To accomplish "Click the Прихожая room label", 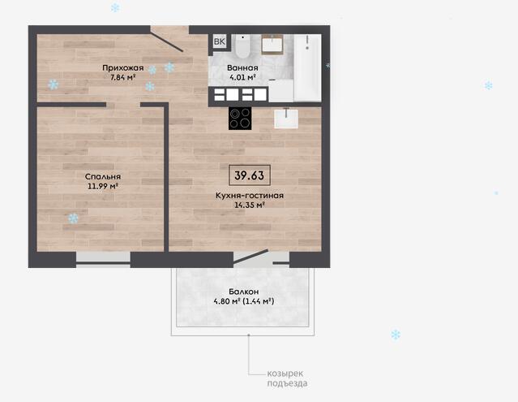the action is tap(123, 68).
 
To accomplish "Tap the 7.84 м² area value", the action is tap(123, 77).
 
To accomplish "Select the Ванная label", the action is tap(242, 68).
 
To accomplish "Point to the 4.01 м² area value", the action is tap(243, 77).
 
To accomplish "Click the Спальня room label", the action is tap(103, 177).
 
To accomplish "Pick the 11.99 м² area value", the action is tap(103, 186).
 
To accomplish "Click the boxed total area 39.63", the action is tap(250, 175).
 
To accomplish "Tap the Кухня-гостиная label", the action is tap(250, 196).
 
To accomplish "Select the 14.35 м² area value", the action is tap(250, 205).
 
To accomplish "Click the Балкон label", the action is tap(244, 292).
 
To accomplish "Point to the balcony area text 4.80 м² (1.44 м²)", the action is tap(244, 301).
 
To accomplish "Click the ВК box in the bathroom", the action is tap(220, 41).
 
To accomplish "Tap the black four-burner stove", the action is tap(240, 118).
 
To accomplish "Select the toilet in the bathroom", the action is tap(243, 45).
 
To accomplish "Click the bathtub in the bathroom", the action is tap(307, 67).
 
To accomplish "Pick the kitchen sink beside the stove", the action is tap(286, 118).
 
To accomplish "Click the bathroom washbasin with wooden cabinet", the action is tap(272, 45).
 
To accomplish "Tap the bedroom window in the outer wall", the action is tap(103, 260).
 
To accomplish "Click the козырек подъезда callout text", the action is tap(287, 378).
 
